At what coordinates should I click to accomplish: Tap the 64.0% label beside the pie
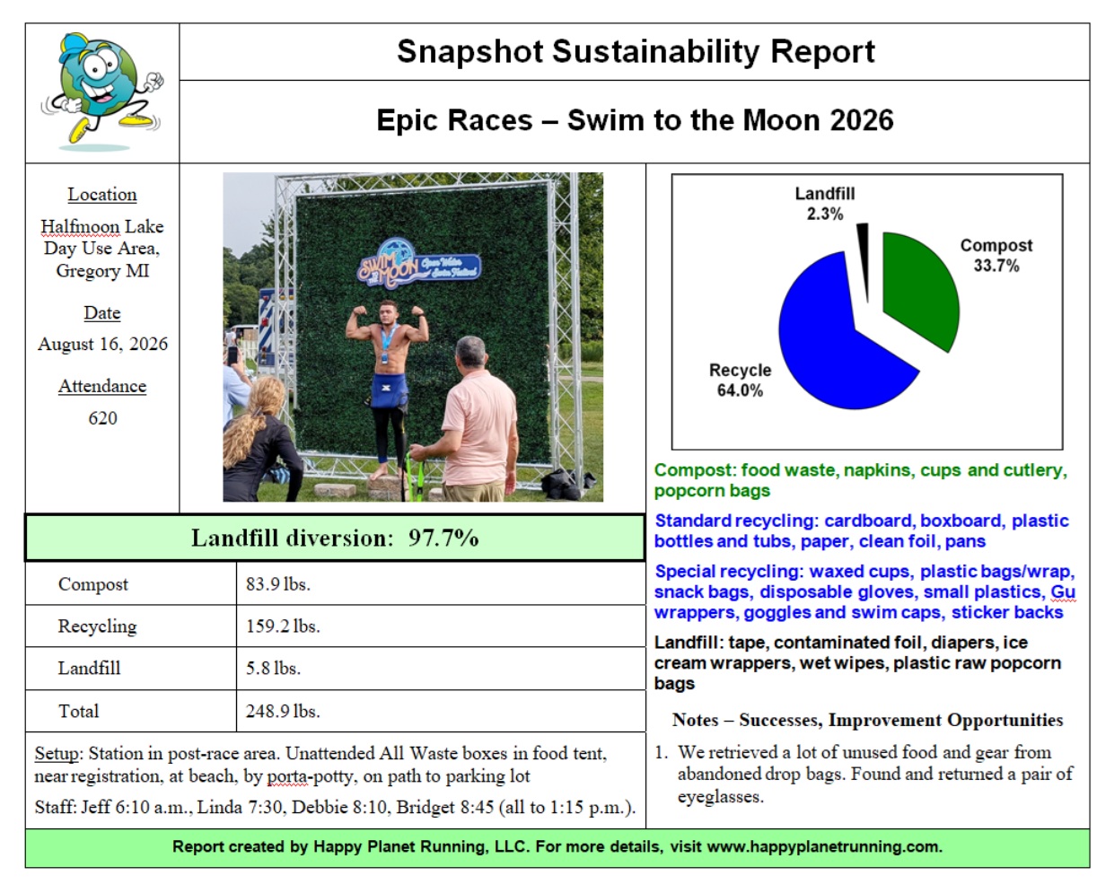(x=740, y=390)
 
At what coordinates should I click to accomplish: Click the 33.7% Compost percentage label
(x=996, y=266)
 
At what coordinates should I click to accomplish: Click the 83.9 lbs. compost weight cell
(x=278, y=584)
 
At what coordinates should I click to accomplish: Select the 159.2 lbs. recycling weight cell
(x=283, y=626)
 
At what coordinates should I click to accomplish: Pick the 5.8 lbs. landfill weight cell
(x=273, y=669)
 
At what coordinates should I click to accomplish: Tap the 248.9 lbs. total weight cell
(x=283, y=712)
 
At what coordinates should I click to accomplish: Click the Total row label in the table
(x=78, y=712)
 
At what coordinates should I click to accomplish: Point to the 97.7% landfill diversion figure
(x=443, y=538)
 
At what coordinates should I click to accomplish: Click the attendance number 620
(x=102, y=418)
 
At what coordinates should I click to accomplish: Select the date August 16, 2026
(x=102, y=344)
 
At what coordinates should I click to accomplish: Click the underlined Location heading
(x=102, y=195)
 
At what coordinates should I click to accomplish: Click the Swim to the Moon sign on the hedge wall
(x=418, y=265)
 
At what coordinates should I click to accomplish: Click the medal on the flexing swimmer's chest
(x=385, y=358)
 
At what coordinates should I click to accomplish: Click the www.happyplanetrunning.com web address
(x=823, y=847)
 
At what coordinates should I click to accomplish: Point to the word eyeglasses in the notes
(x=721, y=797)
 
